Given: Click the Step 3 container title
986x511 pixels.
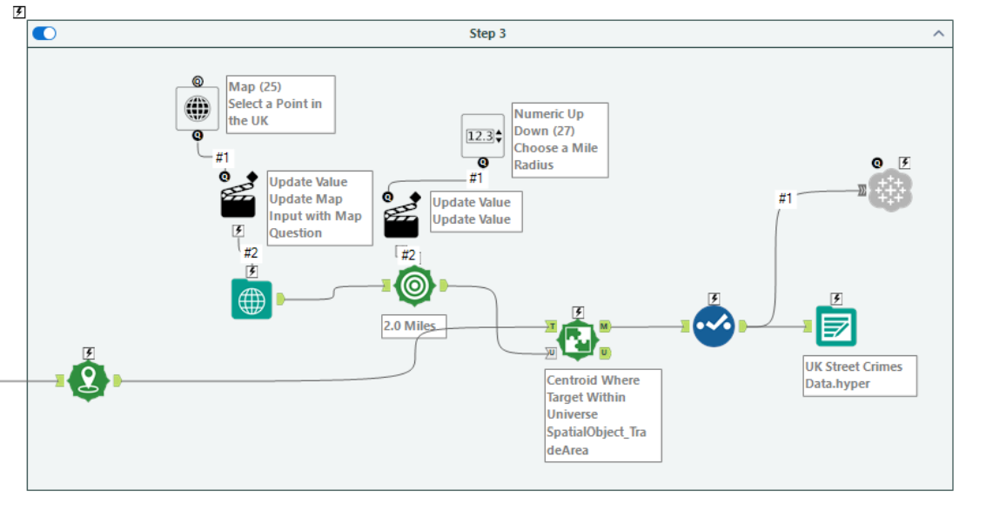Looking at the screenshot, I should click(487, 34).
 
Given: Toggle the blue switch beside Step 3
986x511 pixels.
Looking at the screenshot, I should click(44, 33).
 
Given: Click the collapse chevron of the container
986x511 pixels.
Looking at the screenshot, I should click(938, 34).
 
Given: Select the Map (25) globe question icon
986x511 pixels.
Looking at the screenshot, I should click(198, 109).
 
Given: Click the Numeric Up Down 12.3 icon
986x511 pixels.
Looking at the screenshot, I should click(482, 136).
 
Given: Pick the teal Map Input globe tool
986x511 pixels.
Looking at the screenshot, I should click(252, 299).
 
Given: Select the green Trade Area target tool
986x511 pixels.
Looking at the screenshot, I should click(414, 286).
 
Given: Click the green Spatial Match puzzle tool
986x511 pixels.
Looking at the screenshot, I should click(578, 340).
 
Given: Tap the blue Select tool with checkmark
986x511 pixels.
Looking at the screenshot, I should click(714, 326).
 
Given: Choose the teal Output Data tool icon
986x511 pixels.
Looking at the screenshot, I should click(835, 326).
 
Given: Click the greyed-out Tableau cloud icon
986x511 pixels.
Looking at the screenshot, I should click(890, 190).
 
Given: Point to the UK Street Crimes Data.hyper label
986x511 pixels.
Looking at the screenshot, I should click(859, 375).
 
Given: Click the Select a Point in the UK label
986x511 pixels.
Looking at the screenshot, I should click(280, 104).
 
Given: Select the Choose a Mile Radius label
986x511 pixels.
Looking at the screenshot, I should click(560, 139).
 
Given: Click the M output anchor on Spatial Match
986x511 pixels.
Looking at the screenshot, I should click(604, 326).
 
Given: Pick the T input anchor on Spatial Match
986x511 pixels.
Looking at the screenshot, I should click(552, 326).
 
